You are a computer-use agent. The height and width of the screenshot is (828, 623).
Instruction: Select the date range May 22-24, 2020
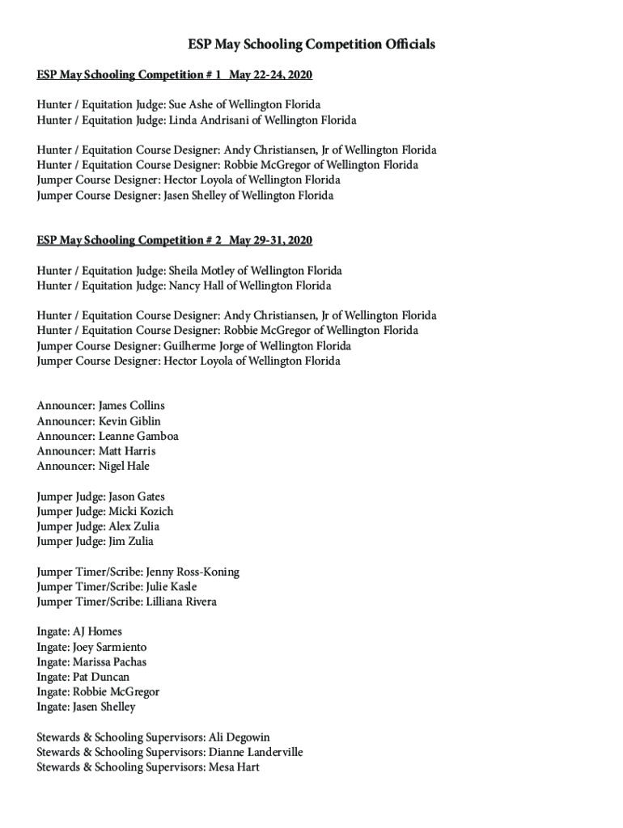pyautogui.click(x=271, y=75)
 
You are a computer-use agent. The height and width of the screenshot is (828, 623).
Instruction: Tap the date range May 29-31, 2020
pyautogui.click(x=271, y=241)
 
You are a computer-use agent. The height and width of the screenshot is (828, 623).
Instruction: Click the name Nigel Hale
pyautogui.click(x=124, y=467)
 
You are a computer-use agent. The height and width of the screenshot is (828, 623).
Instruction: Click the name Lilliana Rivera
pyautogui.click(x=181, y=602)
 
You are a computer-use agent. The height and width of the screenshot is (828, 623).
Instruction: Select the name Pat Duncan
pyautogui.click(x=101, y=677)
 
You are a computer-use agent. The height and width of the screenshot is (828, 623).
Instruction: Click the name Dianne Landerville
pyautogui.click(x=256, y=753)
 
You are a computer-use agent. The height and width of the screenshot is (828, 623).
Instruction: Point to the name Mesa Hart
pyautogui.click(x=234, y=767)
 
